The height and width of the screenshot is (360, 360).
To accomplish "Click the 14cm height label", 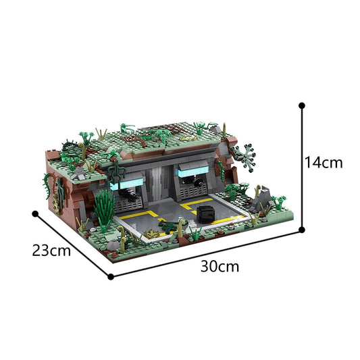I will tap(324, 163).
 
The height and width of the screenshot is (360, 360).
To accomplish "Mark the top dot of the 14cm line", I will tap(301, 105).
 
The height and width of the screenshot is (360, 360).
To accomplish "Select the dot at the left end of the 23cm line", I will tap(34, 213).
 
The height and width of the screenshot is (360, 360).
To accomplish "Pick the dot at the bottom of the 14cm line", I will tap(301, 230).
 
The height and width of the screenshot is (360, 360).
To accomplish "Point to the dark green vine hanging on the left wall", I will tap(49, 186).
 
